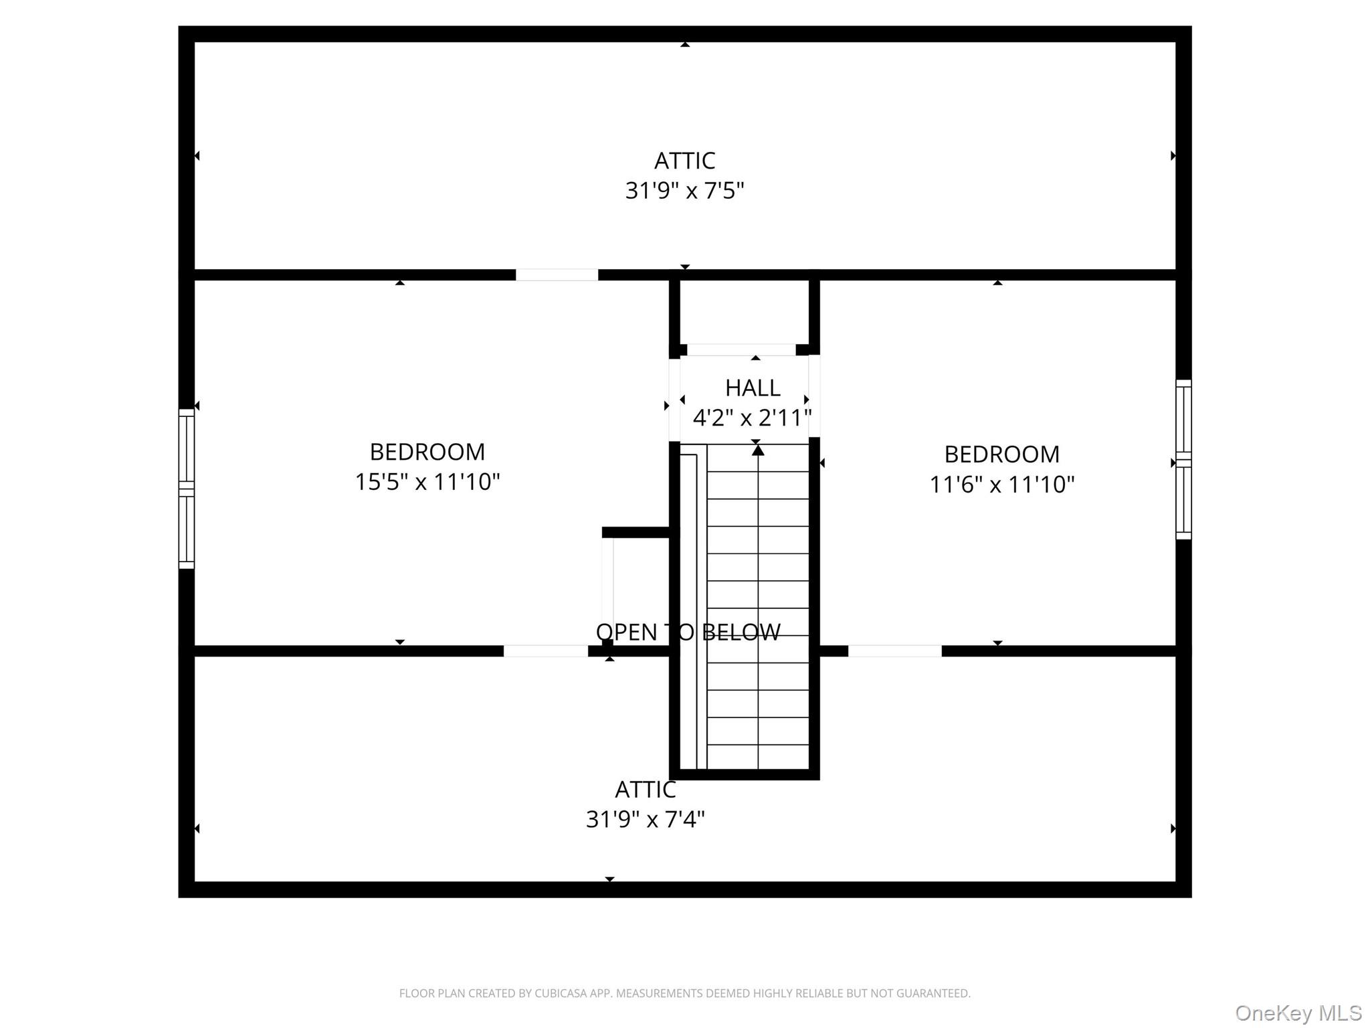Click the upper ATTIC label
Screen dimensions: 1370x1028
pyautogui.click(x=684, y=161)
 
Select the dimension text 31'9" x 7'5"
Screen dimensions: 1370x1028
pyautogui.click(x=684, y=191)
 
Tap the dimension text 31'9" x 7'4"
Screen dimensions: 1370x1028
pyautogui.click(x=646, y=819)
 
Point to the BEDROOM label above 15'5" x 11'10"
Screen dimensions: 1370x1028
pyautogui.click(x=427, y=452)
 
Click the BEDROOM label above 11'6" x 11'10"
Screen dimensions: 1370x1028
pyautogui.click(x=1002, y=454)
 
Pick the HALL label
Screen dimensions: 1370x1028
pyautogui.click(x=753, y=388)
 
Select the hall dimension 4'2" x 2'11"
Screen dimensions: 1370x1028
pyautogui.click(x=753, y=418)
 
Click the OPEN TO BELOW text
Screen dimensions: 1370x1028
pyautogui.click(x=688, y=632)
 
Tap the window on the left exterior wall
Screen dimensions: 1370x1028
pyautogui.click(x=187, y=489)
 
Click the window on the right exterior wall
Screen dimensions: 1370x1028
pyautogui.click(x=1183, y=459)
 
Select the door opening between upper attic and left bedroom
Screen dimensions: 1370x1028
pyautogui.click(x=557, y=275)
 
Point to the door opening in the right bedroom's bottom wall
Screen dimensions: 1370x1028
pyautogui.click(x=895, y=651)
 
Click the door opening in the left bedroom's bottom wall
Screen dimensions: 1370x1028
pyautogui.click(x=546, y=651)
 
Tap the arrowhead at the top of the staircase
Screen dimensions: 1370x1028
pyautogui.click(x=758, y=450)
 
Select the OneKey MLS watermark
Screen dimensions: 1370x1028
pyautogui.click(x=1298, y=1013)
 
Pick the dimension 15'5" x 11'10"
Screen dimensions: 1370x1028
pyautogui.click(x=427, y=482)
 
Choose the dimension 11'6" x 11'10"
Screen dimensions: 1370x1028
pyautogui.click(x=1002, y=485)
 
